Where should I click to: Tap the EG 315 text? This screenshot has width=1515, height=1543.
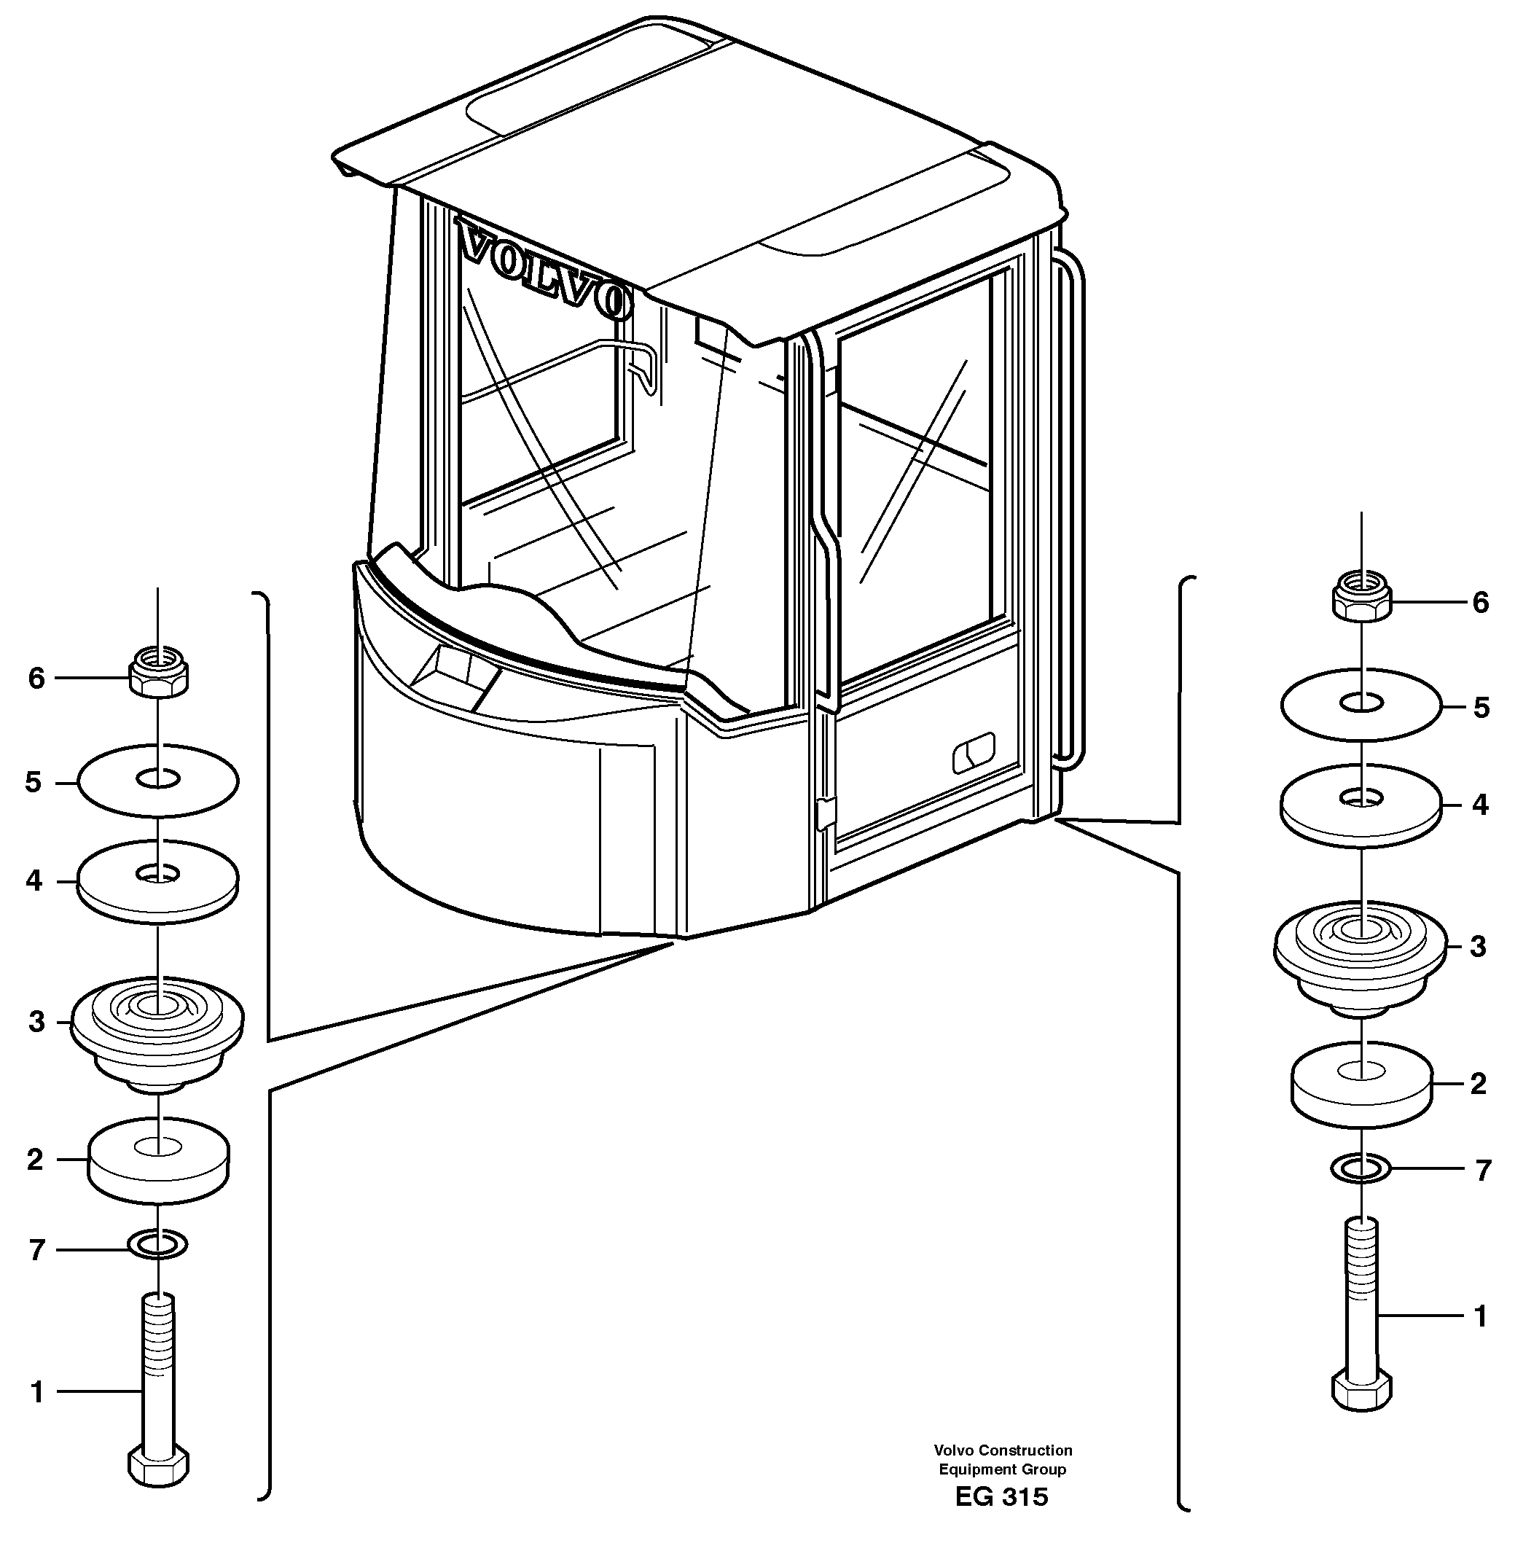[1001, 1497]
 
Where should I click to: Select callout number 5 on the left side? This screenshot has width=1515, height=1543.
[33, 782]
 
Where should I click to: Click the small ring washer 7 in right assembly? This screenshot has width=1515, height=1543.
[1361, 1168]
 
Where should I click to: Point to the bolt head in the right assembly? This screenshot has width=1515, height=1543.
[1361, 1390]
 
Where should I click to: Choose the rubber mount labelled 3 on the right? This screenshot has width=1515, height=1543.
[1361, 955]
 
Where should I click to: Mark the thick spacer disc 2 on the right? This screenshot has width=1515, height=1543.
[1361, 1084]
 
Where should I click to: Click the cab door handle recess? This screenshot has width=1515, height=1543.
[974, 753]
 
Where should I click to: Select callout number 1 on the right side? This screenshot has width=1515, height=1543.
[1480, 1316]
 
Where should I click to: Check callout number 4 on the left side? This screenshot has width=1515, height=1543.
[34, 881]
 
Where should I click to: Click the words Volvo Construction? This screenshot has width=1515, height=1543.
[1003, 1450]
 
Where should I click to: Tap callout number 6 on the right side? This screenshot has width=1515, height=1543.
[1480, 602]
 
